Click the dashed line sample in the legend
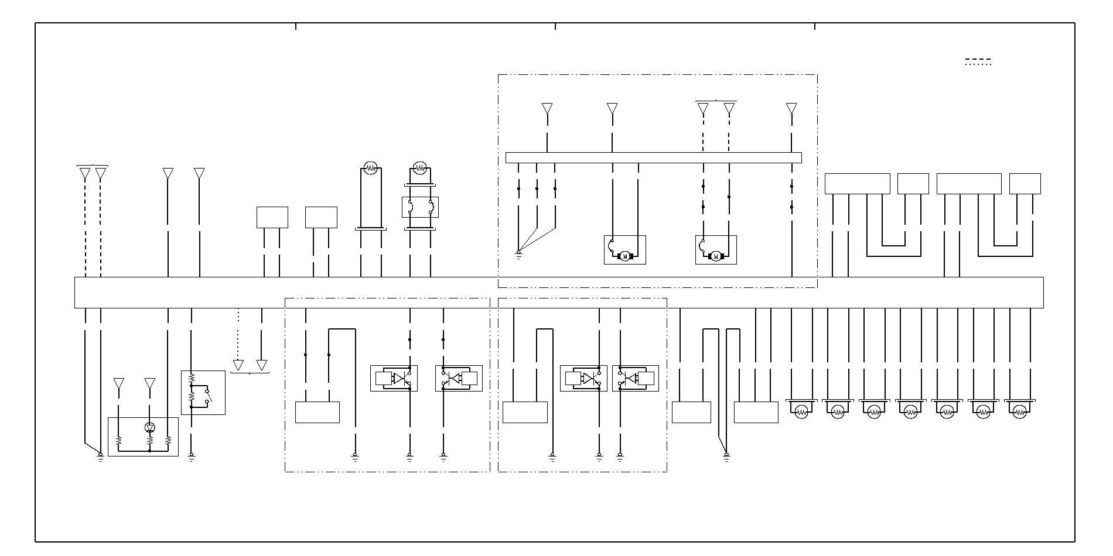(978, 60)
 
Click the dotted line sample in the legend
(978, 65)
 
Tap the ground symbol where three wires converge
(518, 253)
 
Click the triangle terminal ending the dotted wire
(238, 365)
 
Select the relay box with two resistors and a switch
(203, 392)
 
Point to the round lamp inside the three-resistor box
(149, 428)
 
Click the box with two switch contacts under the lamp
(420, 207)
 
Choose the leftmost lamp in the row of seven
(802, 412)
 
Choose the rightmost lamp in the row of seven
(1020, 412)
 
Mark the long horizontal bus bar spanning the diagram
(559, 292)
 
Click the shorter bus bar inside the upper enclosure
(653, 157)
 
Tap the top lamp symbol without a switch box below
(370, 169)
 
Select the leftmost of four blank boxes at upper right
(857, 184)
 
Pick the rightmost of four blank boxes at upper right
(1025, 184)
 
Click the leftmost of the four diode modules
(394, 378)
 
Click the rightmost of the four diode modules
(636, 378)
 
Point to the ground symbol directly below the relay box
(191, 456)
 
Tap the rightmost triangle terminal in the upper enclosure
(791, 108)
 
